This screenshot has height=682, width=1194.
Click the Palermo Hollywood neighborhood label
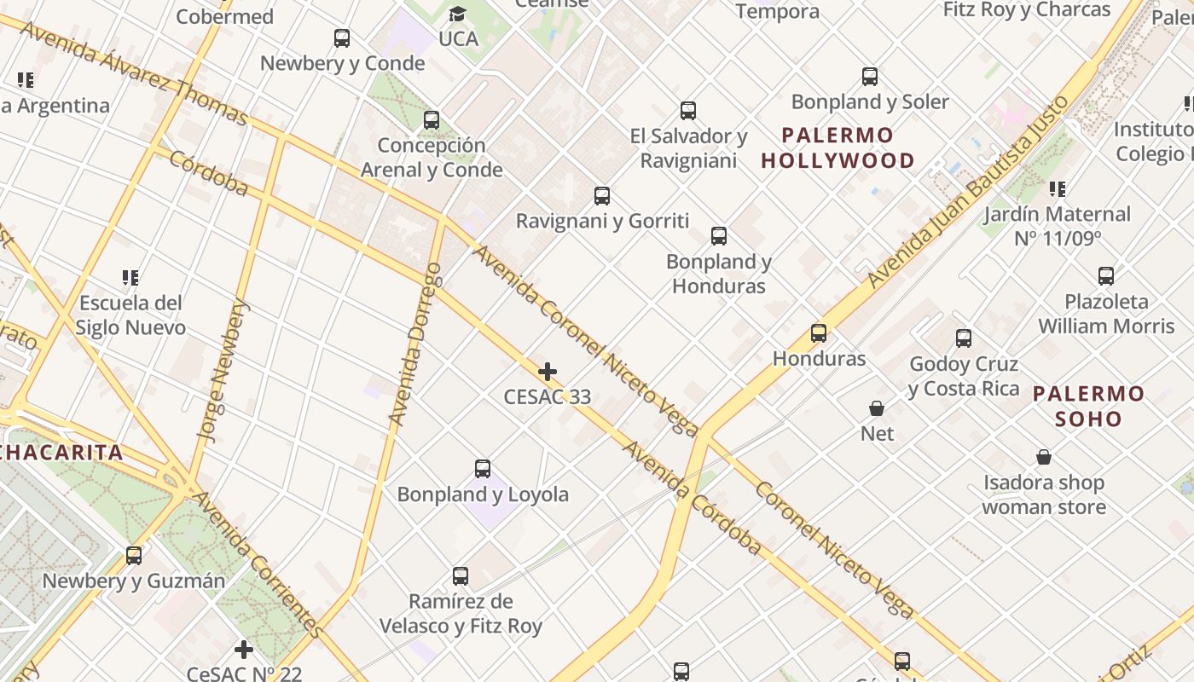tap(838, 147)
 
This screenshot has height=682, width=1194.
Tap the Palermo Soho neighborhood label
tap(1088, 406)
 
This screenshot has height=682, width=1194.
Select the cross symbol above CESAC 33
tap(548, 372)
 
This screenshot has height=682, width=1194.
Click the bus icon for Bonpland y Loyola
tap(483, 469)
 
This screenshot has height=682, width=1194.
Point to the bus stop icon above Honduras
tap(819, 333)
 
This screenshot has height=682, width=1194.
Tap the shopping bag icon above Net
tap(877, 408)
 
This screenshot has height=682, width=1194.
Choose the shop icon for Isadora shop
tap(1043, 458)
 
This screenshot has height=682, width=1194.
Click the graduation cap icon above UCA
tap(458, 14)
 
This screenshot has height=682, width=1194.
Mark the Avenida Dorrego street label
tap(415, 344)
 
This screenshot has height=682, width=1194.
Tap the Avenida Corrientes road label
tap(257, 564)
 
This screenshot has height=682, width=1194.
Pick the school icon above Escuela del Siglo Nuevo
tap(130, 277)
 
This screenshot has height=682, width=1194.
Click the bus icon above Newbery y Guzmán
tap(134, 556)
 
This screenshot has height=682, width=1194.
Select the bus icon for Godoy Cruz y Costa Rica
tap(964, 338)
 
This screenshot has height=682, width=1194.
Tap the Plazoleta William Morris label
tap(1106, 314)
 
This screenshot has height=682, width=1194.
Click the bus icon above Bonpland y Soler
tap(870, 77)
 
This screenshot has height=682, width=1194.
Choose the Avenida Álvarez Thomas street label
tap(132, 73)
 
